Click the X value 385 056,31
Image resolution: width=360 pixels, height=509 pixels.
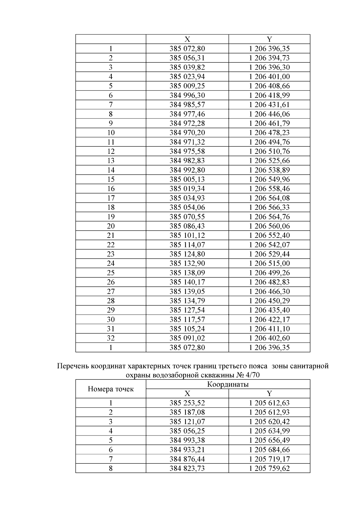tap(187, 58)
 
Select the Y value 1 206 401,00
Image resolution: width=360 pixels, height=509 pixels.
tap(269, 76)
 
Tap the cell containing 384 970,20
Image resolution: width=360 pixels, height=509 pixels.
tap(187, 133)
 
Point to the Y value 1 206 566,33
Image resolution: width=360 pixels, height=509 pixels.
tap(269, 207)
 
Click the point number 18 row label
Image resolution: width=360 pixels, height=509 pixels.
tap(111, 207)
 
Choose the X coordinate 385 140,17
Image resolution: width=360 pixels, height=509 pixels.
tap(187, 282)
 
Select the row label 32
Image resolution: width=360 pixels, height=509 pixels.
tap(111, 338)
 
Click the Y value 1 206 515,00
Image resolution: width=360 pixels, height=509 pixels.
tap(269, 263)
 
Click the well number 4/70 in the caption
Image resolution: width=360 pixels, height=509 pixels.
tap(253, 376)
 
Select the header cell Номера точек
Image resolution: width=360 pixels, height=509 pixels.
tap(111, 389)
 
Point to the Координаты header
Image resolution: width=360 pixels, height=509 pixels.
tap(228, 384)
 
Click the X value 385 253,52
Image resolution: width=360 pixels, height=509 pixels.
tap(187, 403)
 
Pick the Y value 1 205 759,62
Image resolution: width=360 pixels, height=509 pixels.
tap(269, 468)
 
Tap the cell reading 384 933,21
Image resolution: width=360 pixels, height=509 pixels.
tap(187, 450)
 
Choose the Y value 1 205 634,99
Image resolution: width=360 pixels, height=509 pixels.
tap(269, 431)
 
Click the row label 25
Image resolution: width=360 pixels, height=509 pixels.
tap(111, 273)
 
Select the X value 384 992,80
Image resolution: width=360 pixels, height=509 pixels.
tap(187, 170)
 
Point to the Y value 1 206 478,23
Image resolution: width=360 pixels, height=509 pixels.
tap(269, 133)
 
